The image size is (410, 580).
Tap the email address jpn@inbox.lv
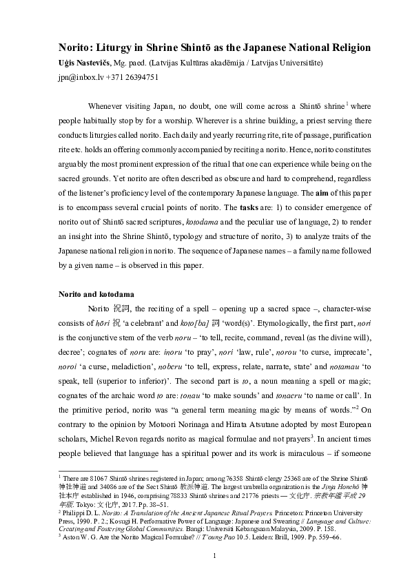pyautogui.click(x=78, y=76)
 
